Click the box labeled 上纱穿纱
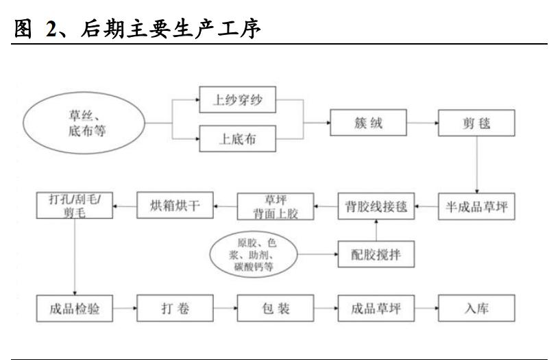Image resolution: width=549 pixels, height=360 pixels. (236, 101)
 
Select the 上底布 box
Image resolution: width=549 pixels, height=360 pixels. (236, 139)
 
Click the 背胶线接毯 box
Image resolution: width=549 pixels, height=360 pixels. (376, 206)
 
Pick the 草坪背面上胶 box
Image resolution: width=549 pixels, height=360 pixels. (275, 206)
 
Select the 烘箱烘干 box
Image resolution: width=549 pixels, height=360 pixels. (175, 206)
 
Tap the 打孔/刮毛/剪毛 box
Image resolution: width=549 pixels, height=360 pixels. (73, 206)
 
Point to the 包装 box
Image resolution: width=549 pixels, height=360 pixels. (274, 308)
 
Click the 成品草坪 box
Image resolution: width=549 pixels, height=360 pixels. (376, 308)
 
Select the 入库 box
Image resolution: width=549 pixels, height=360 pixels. (474, 308)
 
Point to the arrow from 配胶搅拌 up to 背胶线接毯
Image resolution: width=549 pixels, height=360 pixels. (376, 231)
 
